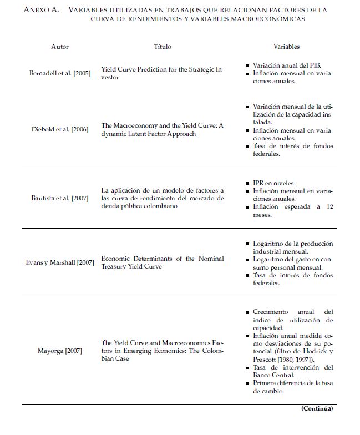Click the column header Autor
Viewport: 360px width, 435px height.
[60, 47]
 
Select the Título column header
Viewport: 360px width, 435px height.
[163, 47]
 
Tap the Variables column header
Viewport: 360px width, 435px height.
[286, 47]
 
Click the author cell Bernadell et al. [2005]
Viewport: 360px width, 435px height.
[60, 73]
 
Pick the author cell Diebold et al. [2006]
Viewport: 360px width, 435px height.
[60, 130]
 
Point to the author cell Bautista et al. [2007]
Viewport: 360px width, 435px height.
[60, 199]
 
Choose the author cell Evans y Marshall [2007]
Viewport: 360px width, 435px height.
[60, 262]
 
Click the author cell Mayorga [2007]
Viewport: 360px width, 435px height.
[60, 351]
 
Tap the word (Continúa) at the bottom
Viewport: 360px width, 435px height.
[317, 408]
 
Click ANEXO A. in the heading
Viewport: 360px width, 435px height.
[42, 10]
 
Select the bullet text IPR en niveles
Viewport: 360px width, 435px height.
[273, 183]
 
